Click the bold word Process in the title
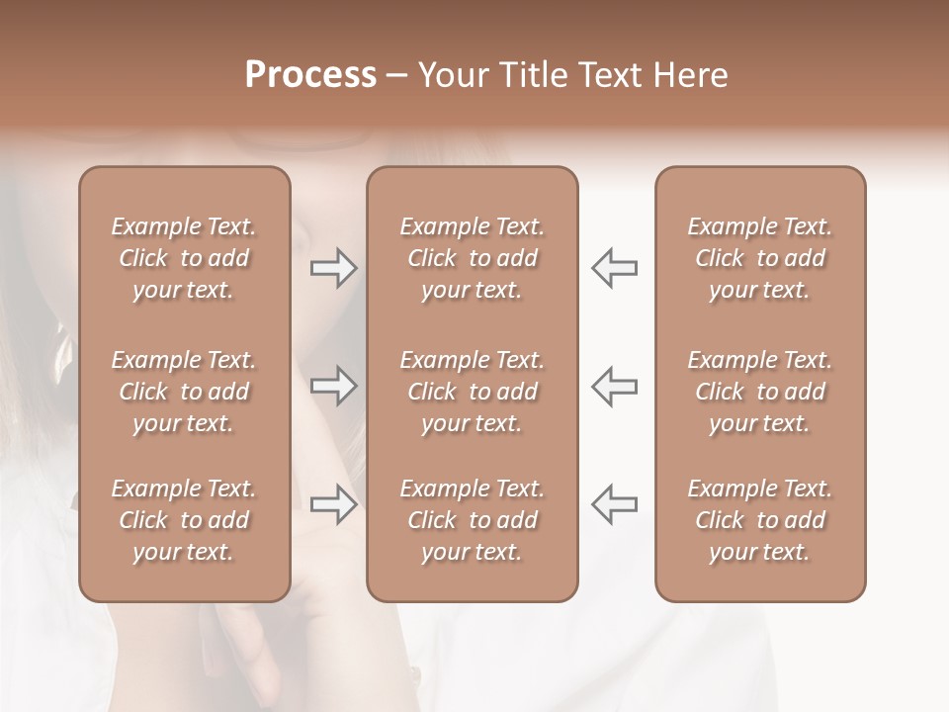[x=310, y=75]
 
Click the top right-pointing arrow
[x=333, y=268]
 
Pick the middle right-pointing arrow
[x=333, y=386]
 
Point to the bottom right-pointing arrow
[x=333, y=503]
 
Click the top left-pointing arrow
[x=614, y=268]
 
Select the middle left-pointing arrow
[x=614, y=386]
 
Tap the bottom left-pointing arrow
[x=614, y=503]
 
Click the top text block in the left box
[x=184, y=258]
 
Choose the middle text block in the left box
[x=184, y=392]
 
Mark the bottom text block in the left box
[x=184, y=520]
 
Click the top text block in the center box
[x=472, y=258]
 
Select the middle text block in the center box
[x=472, y=392]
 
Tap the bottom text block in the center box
[x=472, y=520]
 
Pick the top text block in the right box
[x=759, y=258]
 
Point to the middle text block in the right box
[x=759, y=392]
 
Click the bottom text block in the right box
[x=759, y=520]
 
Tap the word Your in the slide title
[x=450, y=75]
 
